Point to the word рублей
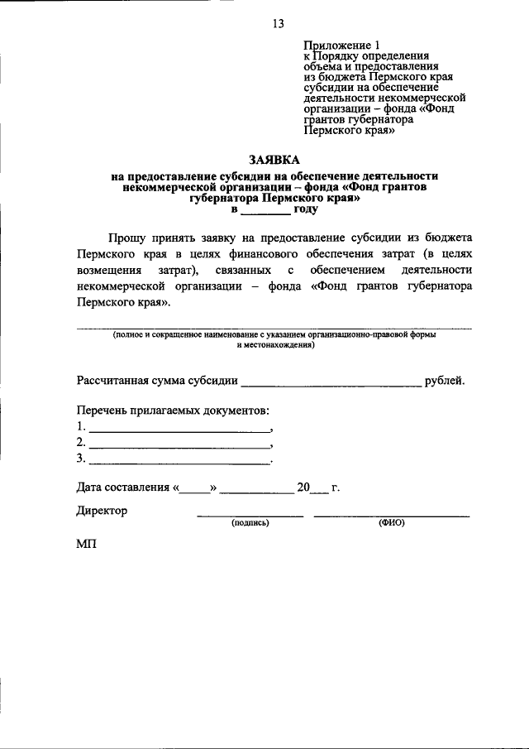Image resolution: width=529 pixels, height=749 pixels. pyautogui.click(x=445, y=381)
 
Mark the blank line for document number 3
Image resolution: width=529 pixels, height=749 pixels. pyautogui.click(x=179, y=459)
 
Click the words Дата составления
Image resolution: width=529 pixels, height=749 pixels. pyautogui.click(x=123, y=487)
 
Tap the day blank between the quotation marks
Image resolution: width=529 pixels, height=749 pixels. pyautogui.click(x=195, y=488)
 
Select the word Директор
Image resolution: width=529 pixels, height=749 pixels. pyautogui.click(x=102, y=511)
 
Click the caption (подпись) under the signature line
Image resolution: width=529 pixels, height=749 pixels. pyautogui.click(x=250, y=523)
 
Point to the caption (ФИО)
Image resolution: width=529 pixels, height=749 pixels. pyautogui.click(x=391, y=523)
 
